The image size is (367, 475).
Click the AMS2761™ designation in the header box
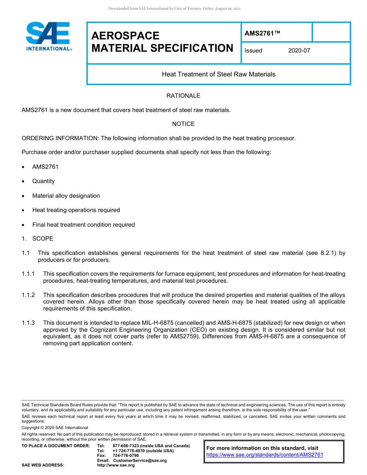[x=262, y=34]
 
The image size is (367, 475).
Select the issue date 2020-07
[x=299, y=51]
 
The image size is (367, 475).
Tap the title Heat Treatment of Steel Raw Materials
[x=218, y=74]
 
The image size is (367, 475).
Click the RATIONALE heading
[x=183, y=96]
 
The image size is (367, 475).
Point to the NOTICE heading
[x=183, y=124]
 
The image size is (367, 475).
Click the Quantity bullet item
[x=43, y=181]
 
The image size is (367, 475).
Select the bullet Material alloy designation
[x=66, y=196]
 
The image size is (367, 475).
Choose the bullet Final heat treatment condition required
[x=83, y=225]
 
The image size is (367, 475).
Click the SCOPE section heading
[x=42, y=239]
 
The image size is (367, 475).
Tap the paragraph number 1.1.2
[x=28, y=295]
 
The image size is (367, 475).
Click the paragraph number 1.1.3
[x=28, y=322]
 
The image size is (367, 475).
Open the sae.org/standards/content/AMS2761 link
[x=265, y=455]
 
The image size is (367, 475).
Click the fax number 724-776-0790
[x=126, y=456]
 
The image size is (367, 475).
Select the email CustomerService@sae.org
[x=140, y=461]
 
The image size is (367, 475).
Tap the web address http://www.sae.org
[x=116, y=465]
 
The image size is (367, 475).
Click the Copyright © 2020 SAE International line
[x=55, y=428]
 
